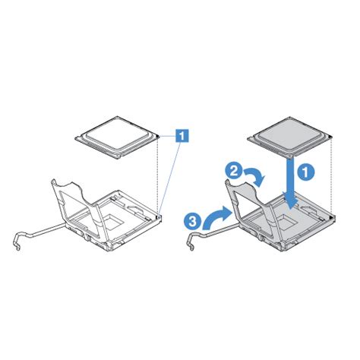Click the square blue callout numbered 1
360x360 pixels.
click(x=182, y=137)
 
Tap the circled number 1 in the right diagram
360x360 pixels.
click(x=304, y=172)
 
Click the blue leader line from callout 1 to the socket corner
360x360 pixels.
click(x=171, y=178)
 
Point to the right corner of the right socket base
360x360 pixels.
click(x=333, y=216)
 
